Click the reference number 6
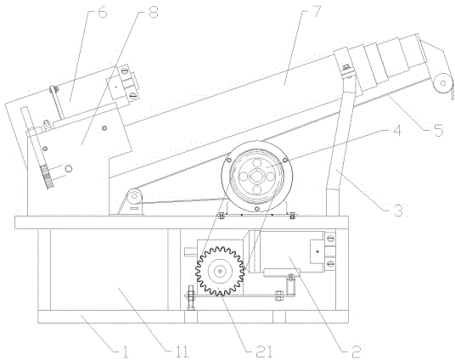102,12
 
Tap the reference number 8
153,12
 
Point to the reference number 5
437,130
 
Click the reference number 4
396,130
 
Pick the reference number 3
397,210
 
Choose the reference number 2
356,352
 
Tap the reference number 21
264,352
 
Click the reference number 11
183,352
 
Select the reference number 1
125,352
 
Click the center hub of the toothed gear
220,271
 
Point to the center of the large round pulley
257,177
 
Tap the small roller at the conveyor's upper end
443,83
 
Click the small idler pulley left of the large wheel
134,197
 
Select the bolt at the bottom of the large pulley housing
256,209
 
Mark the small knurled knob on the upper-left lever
48,177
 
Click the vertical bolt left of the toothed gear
190,297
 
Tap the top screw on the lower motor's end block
330,239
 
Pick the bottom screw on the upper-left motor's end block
132,94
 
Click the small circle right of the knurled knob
69,168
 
